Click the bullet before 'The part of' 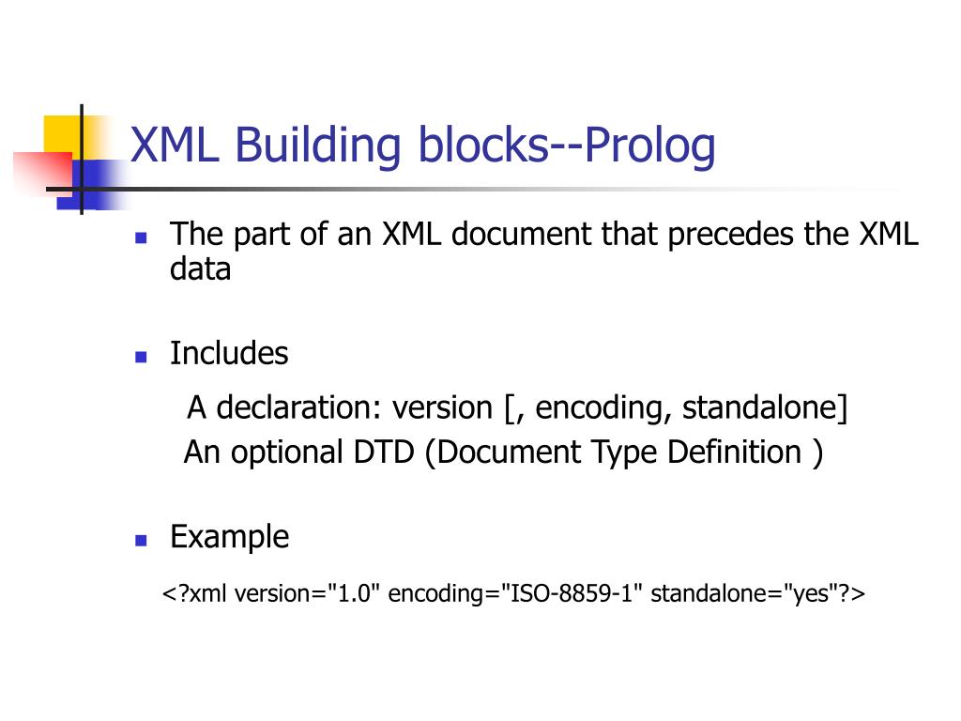pos(141,238)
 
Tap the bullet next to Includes pos(141,357)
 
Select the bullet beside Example pos(141,541)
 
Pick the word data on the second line pos(200,270)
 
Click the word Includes pos(229,354)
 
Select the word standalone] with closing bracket pos(765,408)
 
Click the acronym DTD pos(384,453)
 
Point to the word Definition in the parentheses pos(734,453)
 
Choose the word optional pos(287,453)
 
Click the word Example pos(229,538)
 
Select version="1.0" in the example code pos(307,594)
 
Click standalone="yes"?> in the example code pos(757,594)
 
